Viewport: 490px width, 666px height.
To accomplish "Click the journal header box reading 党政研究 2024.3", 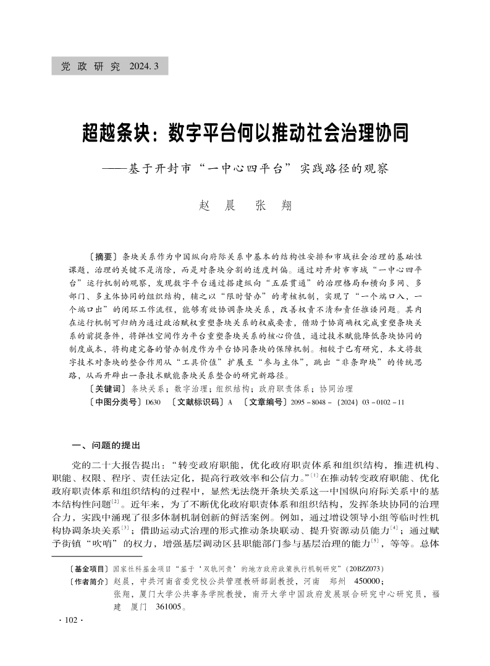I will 110,66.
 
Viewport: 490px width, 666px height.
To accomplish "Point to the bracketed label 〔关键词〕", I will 107,388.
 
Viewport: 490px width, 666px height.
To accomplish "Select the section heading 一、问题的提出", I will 106,445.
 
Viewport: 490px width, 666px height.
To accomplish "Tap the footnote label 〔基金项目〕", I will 90,568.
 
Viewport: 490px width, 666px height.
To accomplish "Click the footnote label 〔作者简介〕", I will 90,582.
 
